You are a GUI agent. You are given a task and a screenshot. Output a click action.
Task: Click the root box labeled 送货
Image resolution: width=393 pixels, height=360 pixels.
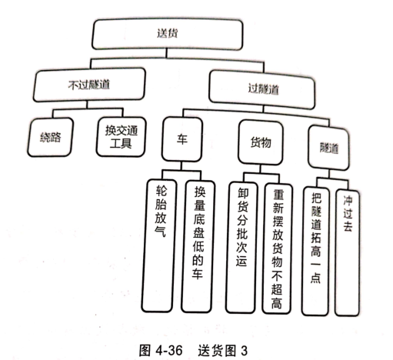[167, 34]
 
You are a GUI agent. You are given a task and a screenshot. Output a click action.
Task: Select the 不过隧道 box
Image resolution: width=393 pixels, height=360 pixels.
[89, 85]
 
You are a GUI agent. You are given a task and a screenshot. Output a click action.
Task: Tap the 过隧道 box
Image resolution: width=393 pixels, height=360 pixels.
[262, 89]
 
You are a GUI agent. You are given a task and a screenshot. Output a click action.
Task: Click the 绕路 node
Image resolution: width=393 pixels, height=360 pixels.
[50, 137]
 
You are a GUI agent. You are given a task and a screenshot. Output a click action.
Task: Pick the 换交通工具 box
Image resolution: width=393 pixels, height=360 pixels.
[121, 137]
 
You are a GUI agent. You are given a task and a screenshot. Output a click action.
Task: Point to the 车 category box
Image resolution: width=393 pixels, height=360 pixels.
[182, 139]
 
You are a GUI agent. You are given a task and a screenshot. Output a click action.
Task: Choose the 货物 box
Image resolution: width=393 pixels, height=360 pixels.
[261, 142]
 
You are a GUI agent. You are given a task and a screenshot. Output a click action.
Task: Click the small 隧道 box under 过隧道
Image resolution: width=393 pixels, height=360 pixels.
[328, 148]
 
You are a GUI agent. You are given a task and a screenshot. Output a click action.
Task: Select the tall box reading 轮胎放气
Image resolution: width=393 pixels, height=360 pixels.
[159, 245]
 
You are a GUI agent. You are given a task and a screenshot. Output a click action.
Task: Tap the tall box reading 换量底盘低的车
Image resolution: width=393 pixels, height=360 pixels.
[198, 247]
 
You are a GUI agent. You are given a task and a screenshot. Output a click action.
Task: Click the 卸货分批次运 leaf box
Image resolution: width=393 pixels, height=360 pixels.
[241, 248]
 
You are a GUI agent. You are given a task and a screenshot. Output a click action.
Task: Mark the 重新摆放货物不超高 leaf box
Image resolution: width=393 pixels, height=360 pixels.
[277, 248]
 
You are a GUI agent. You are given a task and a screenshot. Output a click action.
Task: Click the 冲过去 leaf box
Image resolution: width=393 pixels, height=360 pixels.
[348, 252]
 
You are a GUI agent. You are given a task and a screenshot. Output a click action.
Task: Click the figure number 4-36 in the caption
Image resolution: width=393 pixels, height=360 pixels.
[169, 350]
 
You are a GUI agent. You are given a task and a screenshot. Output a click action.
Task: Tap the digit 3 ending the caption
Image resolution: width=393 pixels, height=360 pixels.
[244, 351]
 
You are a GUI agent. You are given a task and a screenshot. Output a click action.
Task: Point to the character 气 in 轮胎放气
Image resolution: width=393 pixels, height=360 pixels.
[160, 232]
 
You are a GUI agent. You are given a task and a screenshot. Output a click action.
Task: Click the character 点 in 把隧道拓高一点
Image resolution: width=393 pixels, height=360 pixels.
[315, 278]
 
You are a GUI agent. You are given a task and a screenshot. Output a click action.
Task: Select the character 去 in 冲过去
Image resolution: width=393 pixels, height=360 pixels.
[348, 225]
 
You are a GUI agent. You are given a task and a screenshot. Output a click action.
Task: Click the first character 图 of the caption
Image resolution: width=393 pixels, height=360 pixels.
[145, 350]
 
